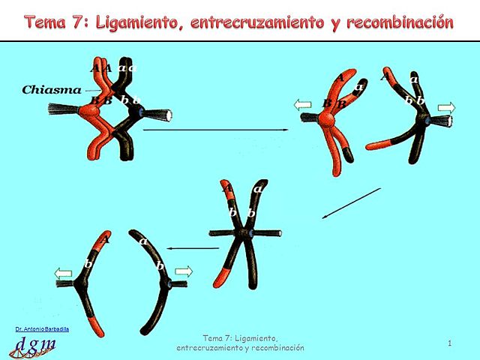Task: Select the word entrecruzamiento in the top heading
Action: [x=254, y=22]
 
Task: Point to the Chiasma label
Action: [x=52, y=90]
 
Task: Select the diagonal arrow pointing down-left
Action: [x=351, y=203]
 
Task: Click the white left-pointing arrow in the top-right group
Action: [x=302, y=106]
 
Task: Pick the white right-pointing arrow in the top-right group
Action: [x=445, y=108]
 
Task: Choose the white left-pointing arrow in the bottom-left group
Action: [x=64, y=274]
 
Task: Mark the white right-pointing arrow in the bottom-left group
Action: [x=184, y=271]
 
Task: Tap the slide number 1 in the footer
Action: [x=448, y=343]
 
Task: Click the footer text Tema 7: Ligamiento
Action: [x=240, y=339]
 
